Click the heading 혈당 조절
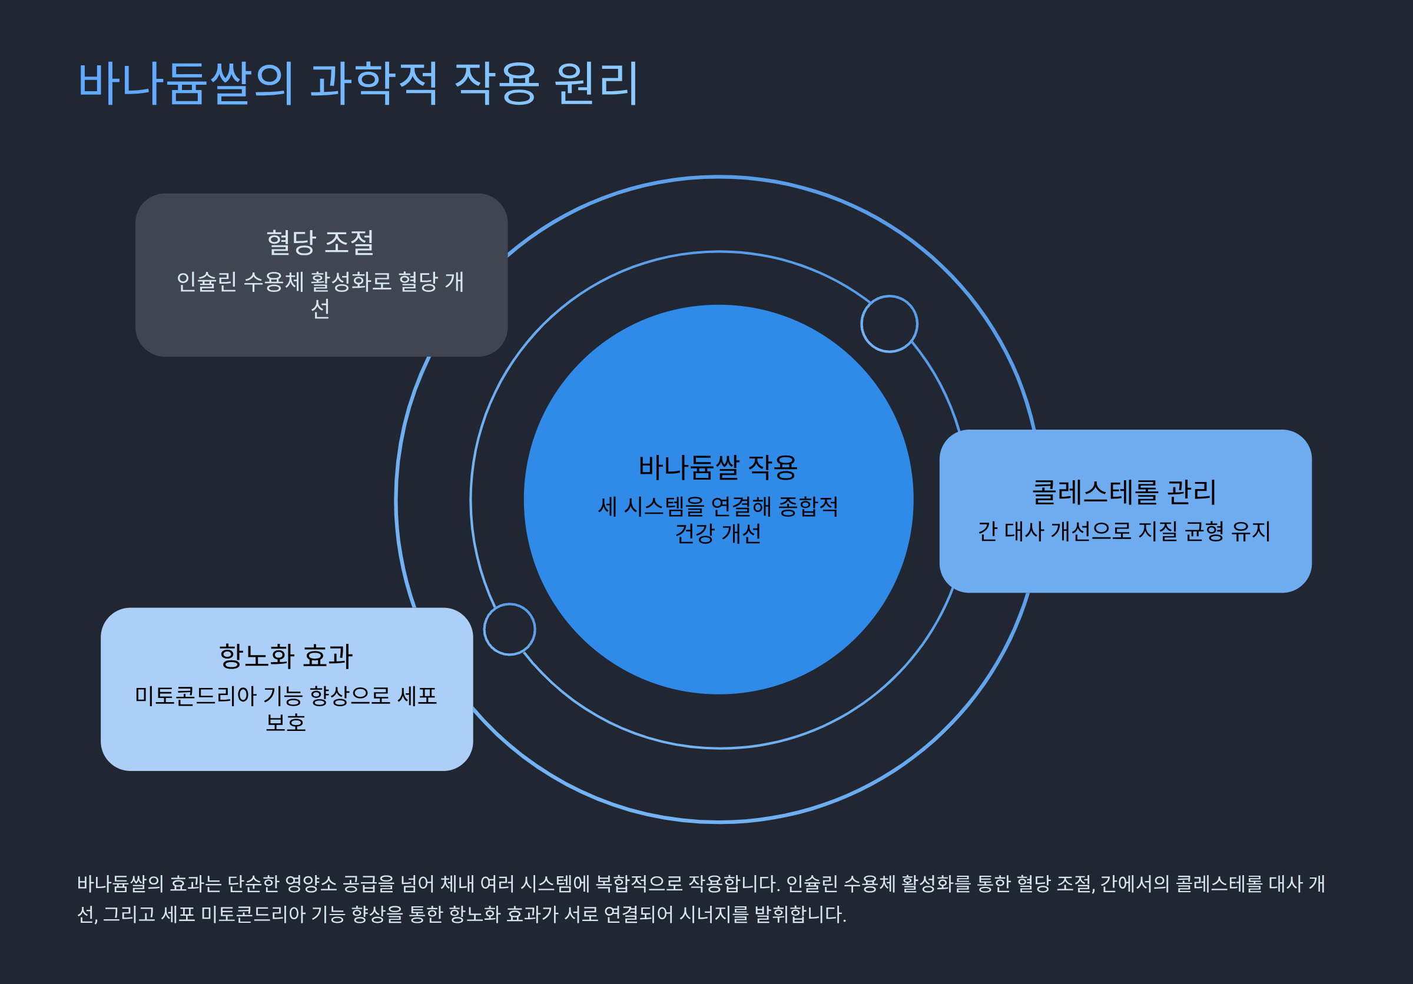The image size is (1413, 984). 320,242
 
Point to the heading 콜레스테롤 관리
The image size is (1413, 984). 1125,492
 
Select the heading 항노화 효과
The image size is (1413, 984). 286,656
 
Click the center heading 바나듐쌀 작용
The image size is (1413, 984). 718,467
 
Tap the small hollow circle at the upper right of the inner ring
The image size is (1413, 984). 889,324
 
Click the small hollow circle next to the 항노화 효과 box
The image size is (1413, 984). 510,629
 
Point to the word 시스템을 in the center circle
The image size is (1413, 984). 664,507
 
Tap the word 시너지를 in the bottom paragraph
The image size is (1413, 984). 714,915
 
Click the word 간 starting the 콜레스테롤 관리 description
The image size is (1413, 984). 987,531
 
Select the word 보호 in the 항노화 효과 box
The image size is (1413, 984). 286,722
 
